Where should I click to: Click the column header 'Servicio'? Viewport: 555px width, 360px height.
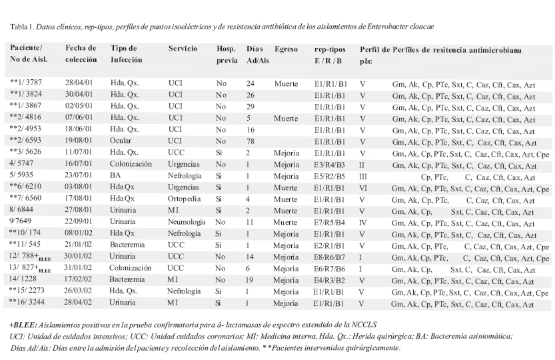(183, 49)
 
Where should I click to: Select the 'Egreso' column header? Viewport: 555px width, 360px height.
(286, 49)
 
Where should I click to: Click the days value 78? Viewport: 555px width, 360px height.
(251, 142)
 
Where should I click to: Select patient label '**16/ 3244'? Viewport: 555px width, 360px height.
(31, 305)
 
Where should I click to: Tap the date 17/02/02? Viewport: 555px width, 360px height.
(81, 281)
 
